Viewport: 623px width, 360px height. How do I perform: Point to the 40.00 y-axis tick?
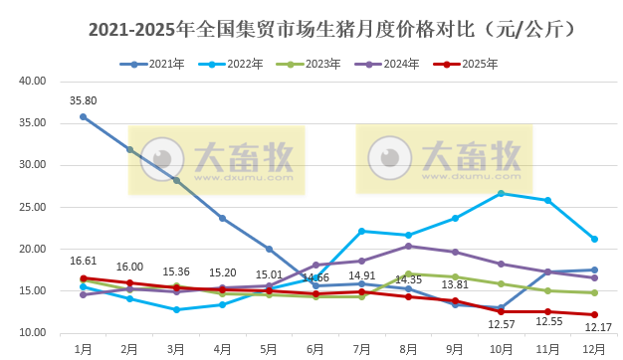[x=33, y=82]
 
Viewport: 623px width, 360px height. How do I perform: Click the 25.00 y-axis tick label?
[x=33, y=207]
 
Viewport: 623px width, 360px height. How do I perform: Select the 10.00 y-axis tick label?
[x=33, y=333]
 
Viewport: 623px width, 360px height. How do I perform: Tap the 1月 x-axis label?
[x=83, y=349]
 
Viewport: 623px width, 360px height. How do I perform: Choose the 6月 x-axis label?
[x=315, y=349]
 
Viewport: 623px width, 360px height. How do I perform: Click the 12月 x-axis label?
[x=594, y=349]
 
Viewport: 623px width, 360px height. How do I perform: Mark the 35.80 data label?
[x=83, y=100]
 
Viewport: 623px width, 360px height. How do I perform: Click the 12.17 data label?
[x=597, y=327]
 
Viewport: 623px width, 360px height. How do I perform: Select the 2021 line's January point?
[x=83, y=116]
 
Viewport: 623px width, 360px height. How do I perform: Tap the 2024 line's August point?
[x=408, y=246]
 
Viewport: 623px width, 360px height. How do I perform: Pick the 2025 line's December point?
[x=594, y=314]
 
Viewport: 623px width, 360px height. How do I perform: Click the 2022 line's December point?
[x=594, y=239]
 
